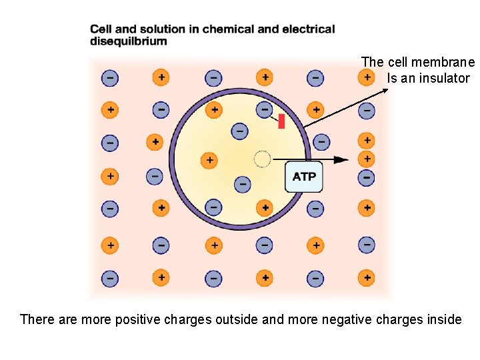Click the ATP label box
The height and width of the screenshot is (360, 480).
click(304, 177)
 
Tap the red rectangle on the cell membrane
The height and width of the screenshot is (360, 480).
click(281, 121)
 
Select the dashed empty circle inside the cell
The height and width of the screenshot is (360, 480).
click(262, 159)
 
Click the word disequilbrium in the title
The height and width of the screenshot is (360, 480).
click(129, 41)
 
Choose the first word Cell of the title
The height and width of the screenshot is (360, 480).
click(101, 29)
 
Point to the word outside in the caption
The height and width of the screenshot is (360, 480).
click(236, 319)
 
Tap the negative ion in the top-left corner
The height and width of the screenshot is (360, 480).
click(110, 78)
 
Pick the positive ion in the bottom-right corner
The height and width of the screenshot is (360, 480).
click(366, 277)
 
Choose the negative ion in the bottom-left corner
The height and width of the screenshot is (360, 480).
click(110, 277)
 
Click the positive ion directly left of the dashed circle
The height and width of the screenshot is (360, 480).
click(209, 160)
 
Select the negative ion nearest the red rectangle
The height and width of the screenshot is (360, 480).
click(265, 108)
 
